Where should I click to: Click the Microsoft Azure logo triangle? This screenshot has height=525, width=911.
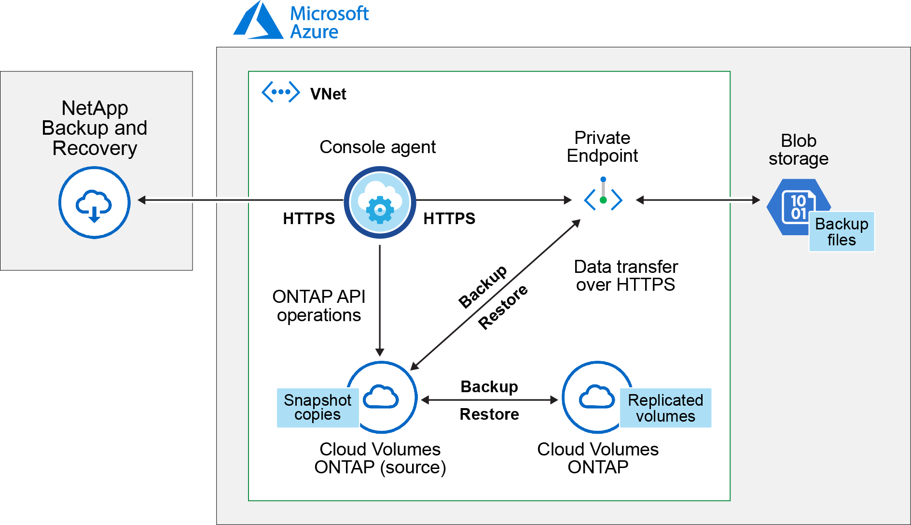click(x=258, y=22)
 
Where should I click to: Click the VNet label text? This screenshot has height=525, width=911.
click(x=328, y=94)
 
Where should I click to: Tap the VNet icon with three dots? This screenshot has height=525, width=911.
click(x=280, y=92)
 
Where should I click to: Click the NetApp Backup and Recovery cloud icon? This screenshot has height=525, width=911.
click(x=95, y=203)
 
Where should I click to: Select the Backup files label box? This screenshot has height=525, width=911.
click(x=842, y=232)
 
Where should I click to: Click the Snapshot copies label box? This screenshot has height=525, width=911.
click(x=317, y=408)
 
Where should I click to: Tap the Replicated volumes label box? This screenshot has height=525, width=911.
click(x=665, y=408)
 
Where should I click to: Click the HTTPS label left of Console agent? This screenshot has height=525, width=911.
click(x=309, y=219)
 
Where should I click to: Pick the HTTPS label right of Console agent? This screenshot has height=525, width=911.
click(x=449, y=219)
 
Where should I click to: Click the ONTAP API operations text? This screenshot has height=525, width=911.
click(x=319, y=306)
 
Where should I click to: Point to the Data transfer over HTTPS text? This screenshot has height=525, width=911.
click(x=626, y=276)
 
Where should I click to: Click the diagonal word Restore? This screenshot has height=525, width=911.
click(x=503, y=308)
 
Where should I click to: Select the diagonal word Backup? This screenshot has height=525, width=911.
click(x=483, y=286)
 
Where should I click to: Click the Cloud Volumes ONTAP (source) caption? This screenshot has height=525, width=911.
click(x=380, y=458)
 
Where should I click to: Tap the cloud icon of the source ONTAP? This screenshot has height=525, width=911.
click(x=381, y=397)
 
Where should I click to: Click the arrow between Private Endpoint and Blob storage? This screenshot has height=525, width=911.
click(x=698, y=200)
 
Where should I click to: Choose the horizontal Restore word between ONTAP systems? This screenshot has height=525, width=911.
click(x=489, y=414)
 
